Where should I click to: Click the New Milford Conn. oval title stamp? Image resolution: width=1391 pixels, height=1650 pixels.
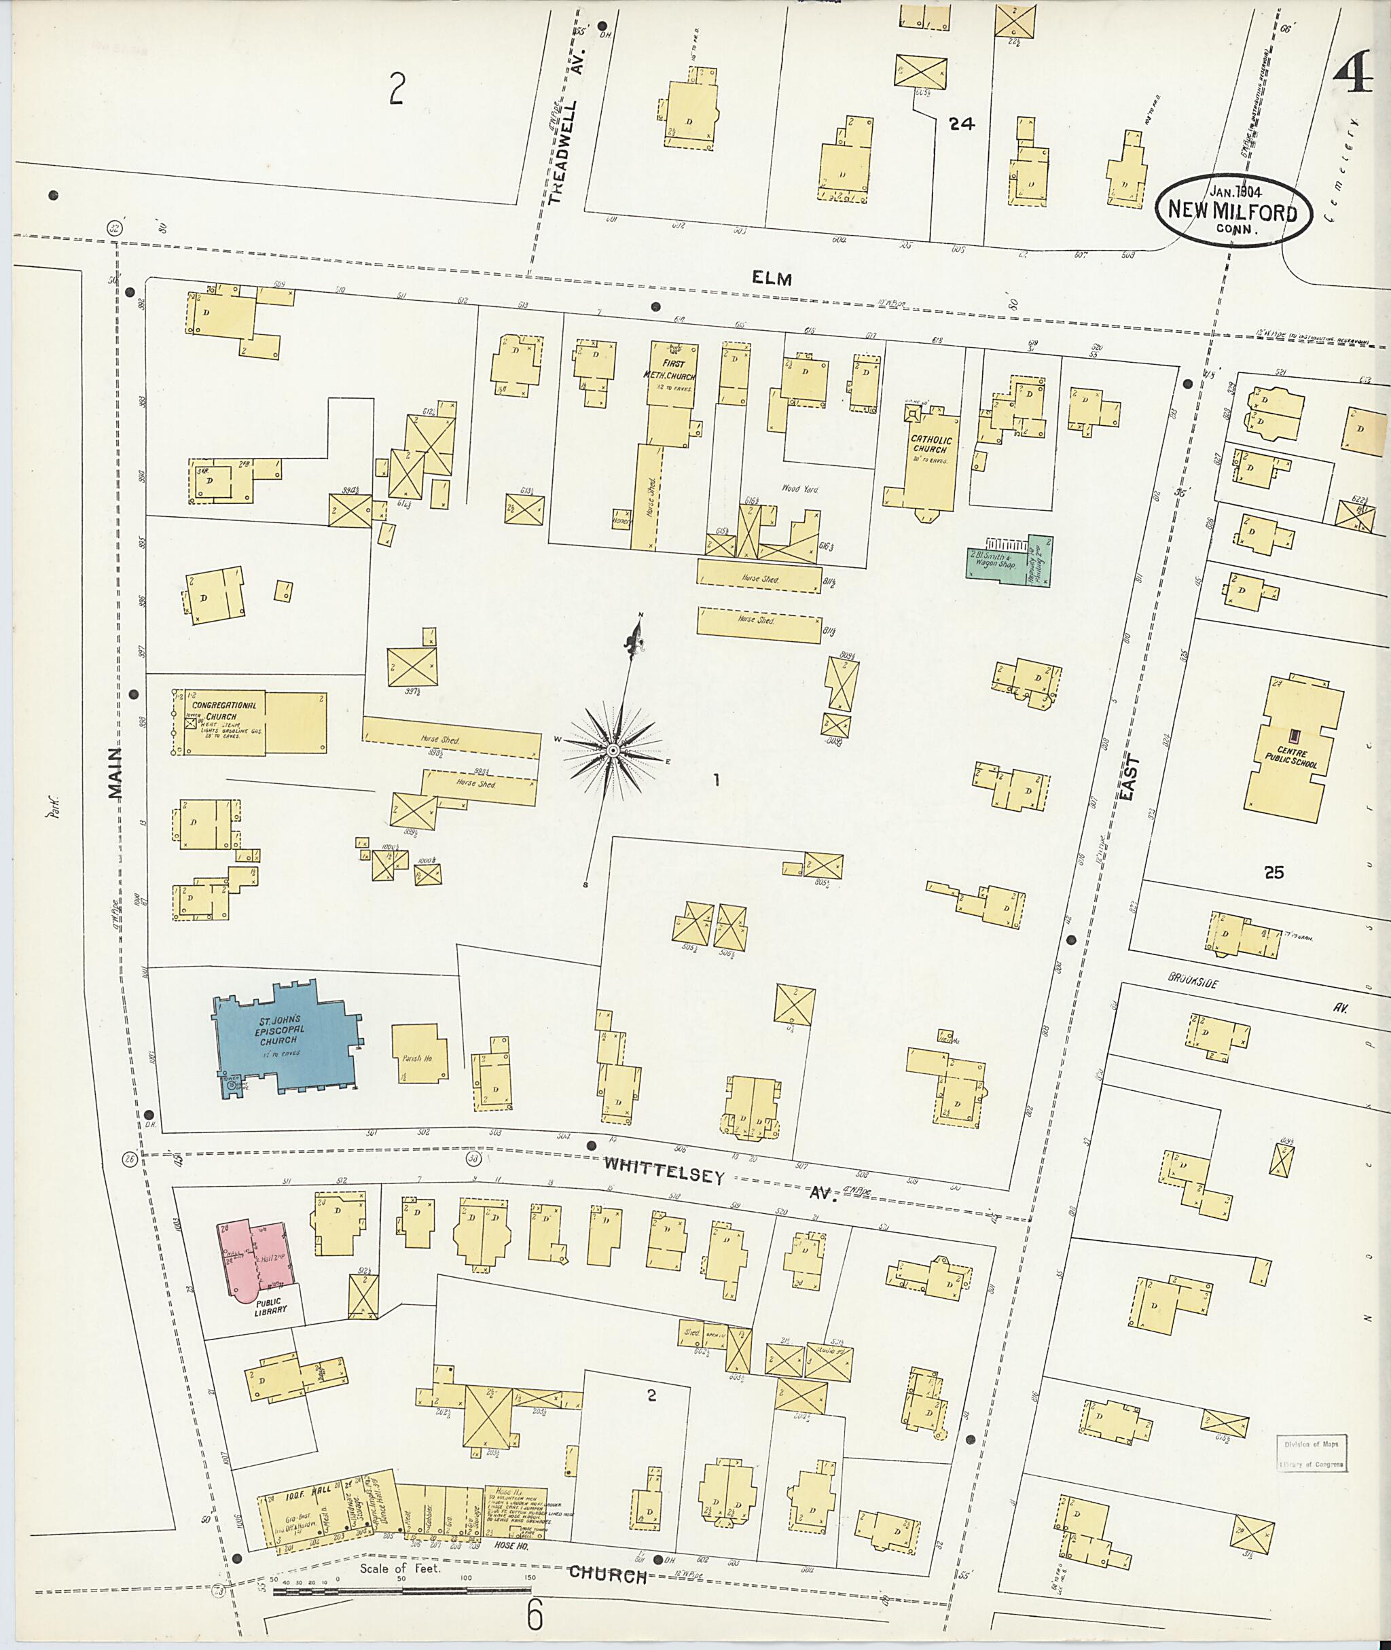coord(1233,211)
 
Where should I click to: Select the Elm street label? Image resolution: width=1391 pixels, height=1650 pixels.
coord(771,278)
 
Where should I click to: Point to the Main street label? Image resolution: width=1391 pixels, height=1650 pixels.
coord(116,773)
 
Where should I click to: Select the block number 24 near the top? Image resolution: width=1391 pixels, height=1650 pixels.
coord(961,123)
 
